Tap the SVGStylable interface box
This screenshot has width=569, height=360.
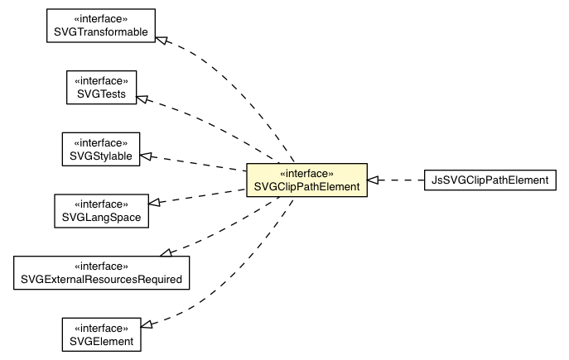(x=101, y=149)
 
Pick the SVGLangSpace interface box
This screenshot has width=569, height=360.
(x=100, y=210)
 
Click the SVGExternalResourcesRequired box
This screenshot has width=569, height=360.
(x=101, y=272)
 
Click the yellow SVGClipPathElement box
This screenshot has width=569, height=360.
(x=307, y=180)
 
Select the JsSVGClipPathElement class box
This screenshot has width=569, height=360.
(x=488, y=180)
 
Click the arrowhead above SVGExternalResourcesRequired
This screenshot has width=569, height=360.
(x=166, y=251)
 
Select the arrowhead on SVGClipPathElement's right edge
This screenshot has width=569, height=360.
(x=374, y=180)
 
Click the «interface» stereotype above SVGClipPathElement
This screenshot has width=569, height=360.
(x=307, y=174)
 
